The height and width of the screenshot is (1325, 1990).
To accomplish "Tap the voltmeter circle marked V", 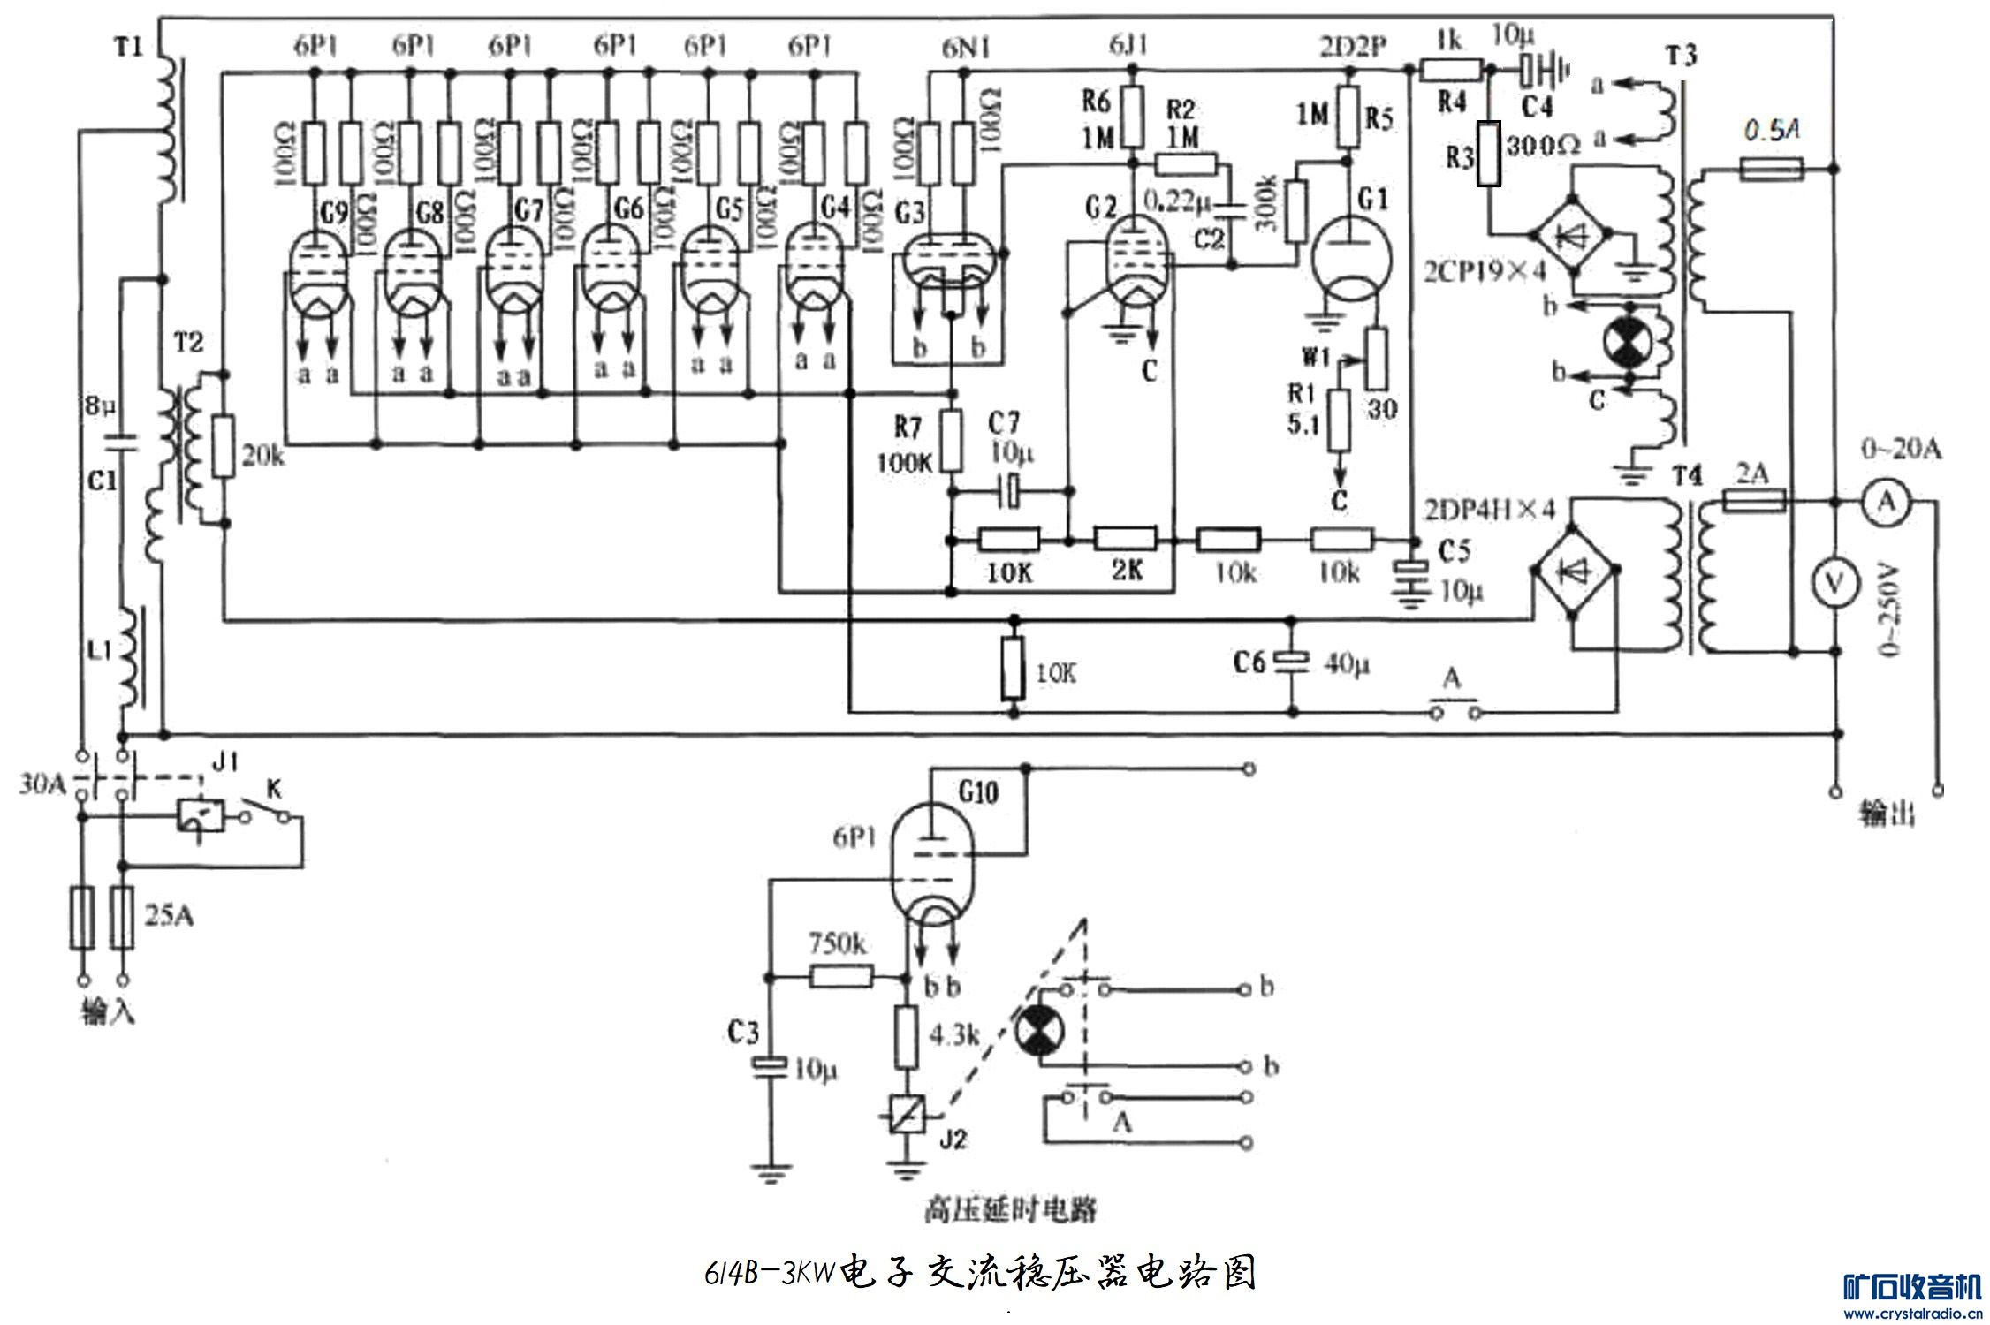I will [x=1834, y=581].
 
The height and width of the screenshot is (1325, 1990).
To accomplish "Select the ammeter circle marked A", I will [x=1887, y=502].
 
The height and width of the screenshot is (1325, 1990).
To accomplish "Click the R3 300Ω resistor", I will [x=1489, y=154].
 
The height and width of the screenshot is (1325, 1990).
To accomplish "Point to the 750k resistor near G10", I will [x=842, y=976].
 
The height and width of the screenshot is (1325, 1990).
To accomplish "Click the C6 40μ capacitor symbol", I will [x=1293, y=660].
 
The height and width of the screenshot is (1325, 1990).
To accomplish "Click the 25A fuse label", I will [x=169, y=916].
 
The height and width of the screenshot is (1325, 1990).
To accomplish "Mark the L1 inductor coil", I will [x=128, y=658].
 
